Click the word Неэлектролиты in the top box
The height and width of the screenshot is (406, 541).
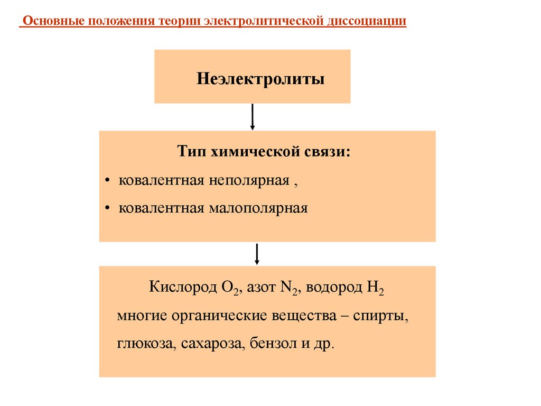260,79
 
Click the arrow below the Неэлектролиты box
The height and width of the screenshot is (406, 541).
253,117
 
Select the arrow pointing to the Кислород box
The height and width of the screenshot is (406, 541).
257,254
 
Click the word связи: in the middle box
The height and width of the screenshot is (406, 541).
324,153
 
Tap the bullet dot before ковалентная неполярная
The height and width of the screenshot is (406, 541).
107,181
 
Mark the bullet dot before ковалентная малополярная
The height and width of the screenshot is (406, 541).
107,209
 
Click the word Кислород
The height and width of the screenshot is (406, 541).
183,288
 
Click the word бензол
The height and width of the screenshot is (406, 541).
272,344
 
